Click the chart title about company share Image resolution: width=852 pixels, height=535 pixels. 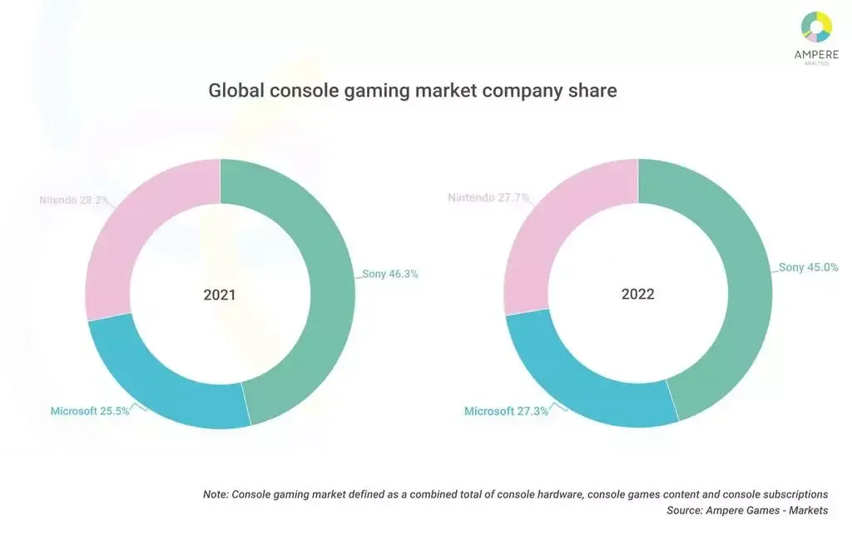coord(413,91)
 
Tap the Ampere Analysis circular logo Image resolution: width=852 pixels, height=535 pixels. coord(816,27)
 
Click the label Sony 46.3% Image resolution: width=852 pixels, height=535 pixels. coord(389,274)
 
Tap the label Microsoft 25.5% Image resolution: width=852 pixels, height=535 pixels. coord(90,411)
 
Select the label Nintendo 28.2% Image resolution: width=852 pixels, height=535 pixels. coord(75,200)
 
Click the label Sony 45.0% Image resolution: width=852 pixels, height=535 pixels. coord(808,268)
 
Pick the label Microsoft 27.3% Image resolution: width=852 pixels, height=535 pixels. coord(506,411)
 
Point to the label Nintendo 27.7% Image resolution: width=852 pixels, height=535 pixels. coord(488,198)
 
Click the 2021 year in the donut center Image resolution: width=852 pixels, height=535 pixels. coord(220,295)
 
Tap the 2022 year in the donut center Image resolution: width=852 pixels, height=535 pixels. coord(637,295)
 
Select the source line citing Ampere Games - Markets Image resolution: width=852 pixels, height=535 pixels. coord(747,510)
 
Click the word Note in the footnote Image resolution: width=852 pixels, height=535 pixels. coord(215,493)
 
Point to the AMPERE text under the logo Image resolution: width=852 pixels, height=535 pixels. coord(816,56)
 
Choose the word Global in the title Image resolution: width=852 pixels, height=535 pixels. coord(236,91)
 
